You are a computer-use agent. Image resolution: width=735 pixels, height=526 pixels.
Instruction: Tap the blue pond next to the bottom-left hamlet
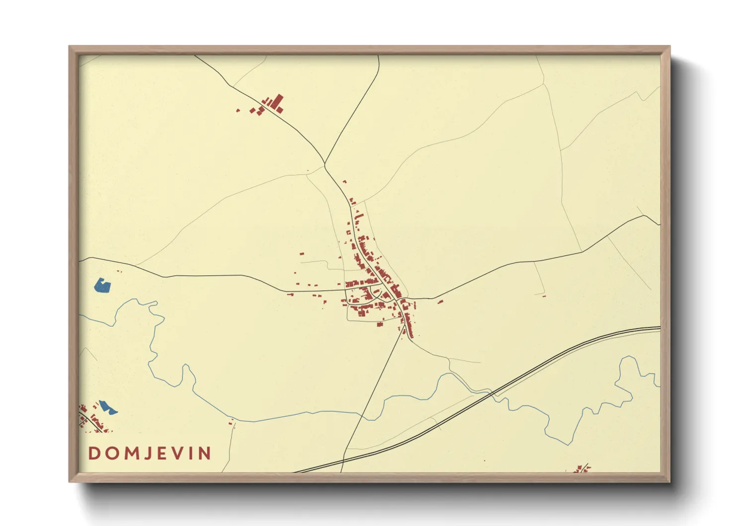(108, 408)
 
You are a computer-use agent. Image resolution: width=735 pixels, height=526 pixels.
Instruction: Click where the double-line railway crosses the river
(492, 394)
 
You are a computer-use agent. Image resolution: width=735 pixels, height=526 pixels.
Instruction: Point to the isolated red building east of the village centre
(440, 301)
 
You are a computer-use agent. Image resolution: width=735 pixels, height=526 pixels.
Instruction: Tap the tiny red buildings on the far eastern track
(544, 296)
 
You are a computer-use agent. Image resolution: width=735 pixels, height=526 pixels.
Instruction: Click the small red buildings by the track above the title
(231, 423)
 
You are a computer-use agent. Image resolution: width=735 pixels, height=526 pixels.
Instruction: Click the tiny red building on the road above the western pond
(119, 271)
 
